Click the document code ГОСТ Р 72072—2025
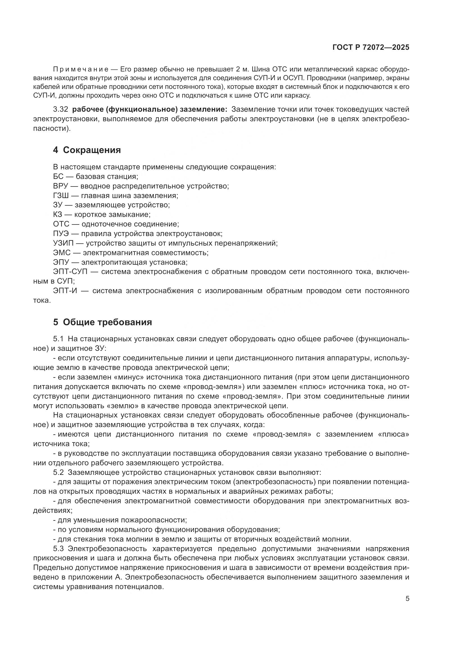click(371, 47)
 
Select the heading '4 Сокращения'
click(87, 150)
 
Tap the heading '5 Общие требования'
click(102, 322)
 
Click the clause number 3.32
click(60, 109)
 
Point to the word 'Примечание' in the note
click(80, 69)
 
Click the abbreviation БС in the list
click(58, 176)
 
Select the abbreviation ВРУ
click(61, 186)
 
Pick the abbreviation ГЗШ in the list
click(61, 196)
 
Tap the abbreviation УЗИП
click(63, 243)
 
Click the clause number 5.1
click(58, 339)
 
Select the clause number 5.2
click(58, 472)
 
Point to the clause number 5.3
click(58, 549)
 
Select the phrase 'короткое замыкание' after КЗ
click(112, 214)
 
